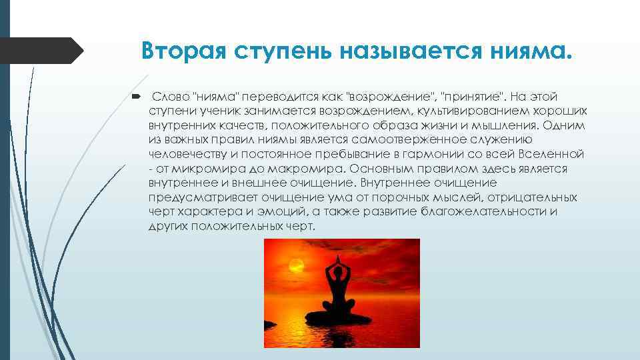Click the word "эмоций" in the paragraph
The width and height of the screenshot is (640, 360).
tap(301, 212)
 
